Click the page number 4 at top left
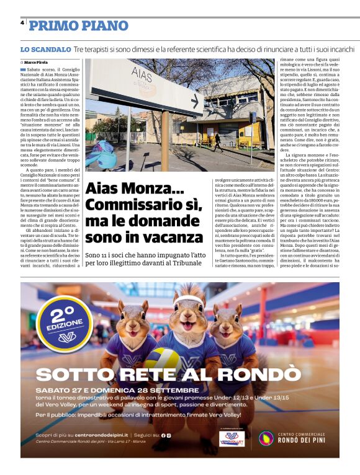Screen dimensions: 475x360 tap(22, 22)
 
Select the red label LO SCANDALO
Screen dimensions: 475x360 tap(45, 49)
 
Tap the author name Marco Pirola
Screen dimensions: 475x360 tap(37, 63)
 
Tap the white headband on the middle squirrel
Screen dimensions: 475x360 tap(189, 301)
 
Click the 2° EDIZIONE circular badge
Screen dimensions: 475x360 tap(59, 322)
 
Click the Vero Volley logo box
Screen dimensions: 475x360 tap(231, 438)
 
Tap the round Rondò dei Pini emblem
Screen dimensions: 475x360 tap(267, 438)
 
